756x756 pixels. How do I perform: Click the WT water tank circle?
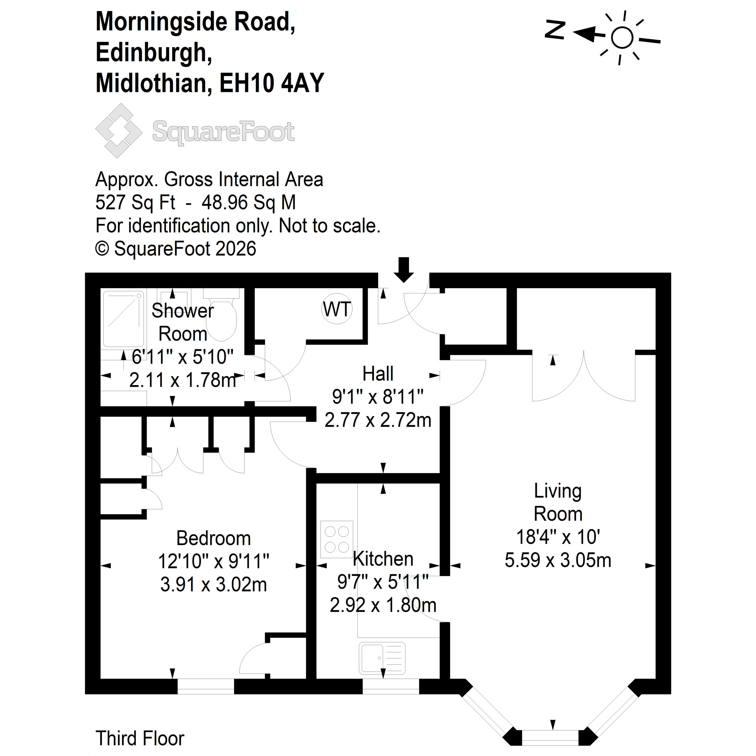coord(337,309)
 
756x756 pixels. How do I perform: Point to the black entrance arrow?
coord(403,270)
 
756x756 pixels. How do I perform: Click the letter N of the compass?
coord(555,30)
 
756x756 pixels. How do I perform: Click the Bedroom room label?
coord(213,538)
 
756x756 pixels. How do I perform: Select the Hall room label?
coord(378,374)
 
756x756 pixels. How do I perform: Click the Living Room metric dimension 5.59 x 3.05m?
coord(558,560)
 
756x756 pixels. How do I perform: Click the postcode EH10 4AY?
coord(272,83)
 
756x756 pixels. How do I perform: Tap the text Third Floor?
coord(140,738)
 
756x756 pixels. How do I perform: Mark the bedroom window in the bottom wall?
coord(206,686)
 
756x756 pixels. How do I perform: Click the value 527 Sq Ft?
coord(135,203)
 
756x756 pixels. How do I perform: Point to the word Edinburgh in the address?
coord(154,52)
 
